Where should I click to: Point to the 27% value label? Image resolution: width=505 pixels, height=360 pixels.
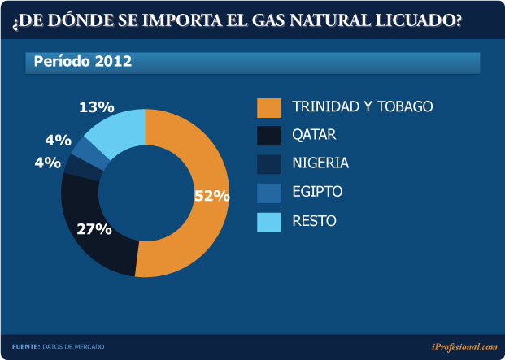click(x=94, y=229)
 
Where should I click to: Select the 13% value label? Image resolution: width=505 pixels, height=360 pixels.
click(x=96, y=106)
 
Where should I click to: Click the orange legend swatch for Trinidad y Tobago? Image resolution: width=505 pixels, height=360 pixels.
click(x=268, y=106)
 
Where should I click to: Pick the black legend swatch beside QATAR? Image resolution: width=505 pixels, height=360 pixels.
click(x=268, y=135)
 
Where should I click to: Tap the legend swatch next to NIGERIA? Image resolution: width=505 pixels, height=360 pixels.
click(x=268, y=163)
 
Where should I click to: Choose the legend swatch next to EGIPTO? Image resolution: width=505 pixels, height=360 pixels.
click(x=268, y=192)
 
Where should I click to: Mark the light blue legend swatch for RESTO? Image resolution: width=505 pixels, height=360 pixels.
click(x=268, y=220)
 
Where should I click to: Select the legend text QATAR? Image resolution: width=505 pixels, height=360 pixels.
click(x=314, y=135)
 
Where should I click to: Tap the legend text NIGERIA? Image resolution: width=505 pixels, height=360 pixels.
click(x=320, y=163)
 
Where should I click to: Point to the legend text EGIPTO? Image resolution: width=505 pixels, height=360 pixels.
click(x=317, y=192)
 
